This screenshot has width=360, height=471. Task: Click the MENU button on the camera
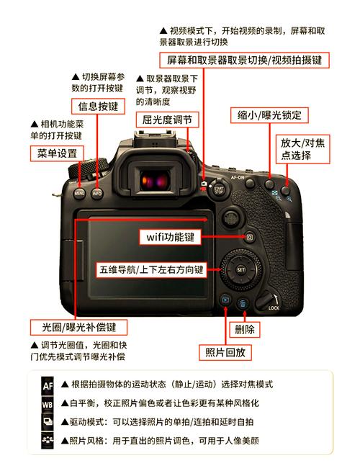click(x=80, y=193)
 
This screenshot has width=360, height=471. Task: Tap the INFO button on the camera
click(x=97, y=193)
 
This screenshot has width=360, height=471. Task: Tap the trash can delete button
click(x=243, y=305)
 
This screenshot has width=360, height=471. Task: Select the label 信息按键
click(x=93, y=106)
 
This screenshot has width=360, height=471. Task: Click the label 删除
click(x=244, y=330)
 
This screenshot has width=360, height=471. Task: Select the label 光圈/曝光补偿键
click(x=78, y=327)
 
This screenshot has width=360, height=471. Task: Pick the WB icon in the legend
click(x=48, y=403)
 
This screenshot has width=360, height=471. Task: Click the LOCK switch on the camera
click(x=271, y=301)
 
